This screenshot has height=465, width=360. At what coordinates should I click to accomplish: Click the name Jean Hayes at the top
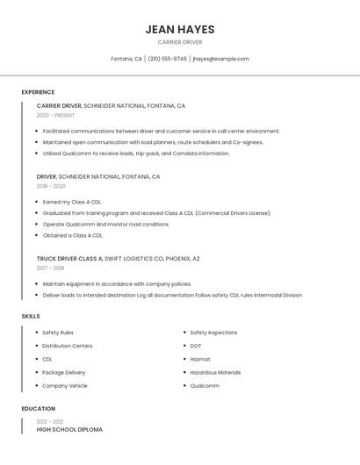179,29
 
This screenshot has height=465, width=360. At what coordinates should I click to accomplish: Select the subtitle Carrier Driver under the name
179,42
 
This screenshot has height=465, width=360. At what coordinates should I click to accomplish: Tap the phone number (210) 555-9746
167,59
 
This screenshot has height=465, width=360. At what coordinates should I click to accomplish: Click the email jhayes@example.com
220,59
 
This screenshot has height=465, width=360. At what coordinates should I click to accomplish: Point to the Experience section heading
38,92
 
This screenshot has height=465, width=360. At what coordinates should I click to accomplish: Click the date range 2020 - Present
55,115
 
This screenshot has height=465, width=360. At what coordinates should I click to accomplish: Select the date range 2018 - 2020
51,186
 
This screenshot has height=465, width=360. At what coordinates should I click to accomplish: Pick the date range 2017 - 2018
50,268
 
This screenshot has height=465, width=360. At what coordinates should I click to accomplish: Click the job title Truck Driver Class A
69,259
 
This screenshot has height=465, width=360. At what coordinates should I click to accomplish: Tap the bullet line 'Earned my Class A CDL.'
72,202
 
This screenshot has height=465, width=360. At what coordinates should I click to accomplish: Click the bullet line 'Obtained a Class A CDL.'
73,235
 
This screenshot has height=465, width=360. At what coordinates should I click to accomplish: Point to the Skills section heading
31,316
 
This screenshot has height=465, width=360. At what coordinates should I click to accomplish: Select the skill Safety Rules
58,333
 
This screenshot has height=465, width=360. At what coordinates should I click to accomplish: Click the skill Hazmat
200,359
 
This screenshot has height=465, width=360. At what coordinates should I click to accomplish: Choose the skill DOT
196,346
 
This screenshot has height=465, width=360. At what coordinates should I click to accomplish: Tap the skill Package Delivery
64,372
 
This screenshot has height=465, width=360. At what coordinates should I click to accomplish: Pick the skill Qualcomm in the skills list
205,385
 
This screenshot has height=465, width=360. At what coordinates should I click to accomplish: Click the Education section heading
38,409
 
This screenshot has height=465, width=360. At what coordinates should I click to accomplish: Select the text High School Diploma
69,430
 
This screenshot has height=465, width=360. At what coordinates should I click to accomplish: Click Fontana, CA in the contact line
126,59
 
